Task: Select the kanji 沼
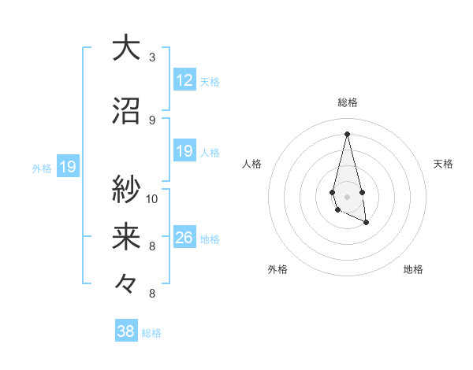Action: click(126, 111)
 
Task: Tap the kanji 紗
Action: click(126, 190)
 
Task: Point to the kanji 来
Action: click(126, 237)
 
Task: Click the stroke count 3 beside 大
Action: click(152, 57)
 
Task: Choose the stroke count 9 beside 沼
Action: click(152, 120)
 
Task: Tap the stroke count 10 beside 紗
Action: click(152, 198)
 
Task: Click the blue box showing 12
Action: click(184, 80)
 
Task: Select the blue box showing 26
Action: click(184, 238)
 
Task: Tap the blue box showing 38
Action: click(126, 331)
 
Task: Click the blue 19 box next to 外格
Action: click(67, 167)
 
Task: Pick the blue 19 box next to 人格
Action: click(184, 151)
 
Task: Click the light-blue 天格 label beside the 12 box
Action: click(210, 81)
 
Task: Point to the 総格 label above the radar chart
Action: click(348, 102)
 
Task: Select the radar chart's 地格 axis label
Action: click(413, 269)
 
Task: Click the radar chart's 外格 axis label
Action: click(277, 269)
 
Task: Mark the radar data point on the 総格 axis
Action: click(348, 133)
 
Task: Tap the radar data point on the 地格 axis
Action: click(367, 224)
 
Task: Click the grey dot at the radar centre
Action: click(348, 196)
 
